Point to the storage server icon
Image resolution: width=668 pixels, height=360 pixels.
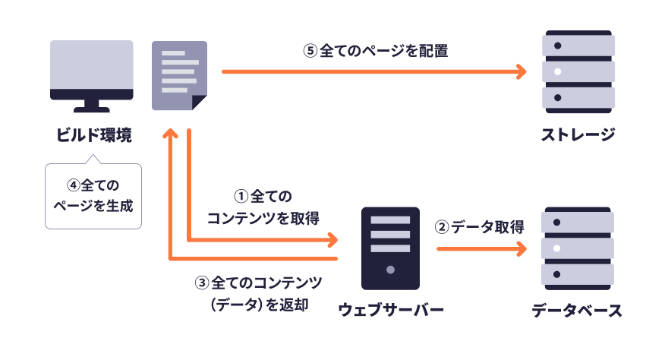(578, 72)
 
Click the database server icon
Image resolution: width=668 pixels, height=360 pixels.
(578, 248)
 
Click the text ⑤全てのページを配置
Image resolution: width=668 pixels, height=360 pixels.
(375, 52)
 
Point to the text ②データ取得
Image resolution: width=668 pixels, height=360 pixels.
(479, 227)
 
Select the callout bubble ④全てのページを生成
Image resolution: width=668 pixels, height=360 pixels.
(93, 194)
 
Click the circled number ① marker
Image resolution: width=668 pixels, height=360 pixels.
(241, 197)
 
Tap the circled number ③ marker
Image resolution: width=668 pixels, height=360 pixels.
(202, 283)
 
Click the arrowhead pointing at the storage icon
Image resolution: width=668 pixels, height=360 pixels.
(520, 72)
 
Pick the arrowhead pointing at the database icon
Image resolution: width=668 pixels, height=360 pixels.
(520, 248)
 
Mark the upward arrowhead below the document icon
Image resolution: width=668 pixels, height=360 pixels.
(172, 134)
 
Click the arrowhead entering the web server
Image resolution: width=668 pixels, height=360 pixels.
(332, 241)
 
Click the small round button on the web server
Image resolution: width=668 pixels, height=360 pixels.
(390, 270)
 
